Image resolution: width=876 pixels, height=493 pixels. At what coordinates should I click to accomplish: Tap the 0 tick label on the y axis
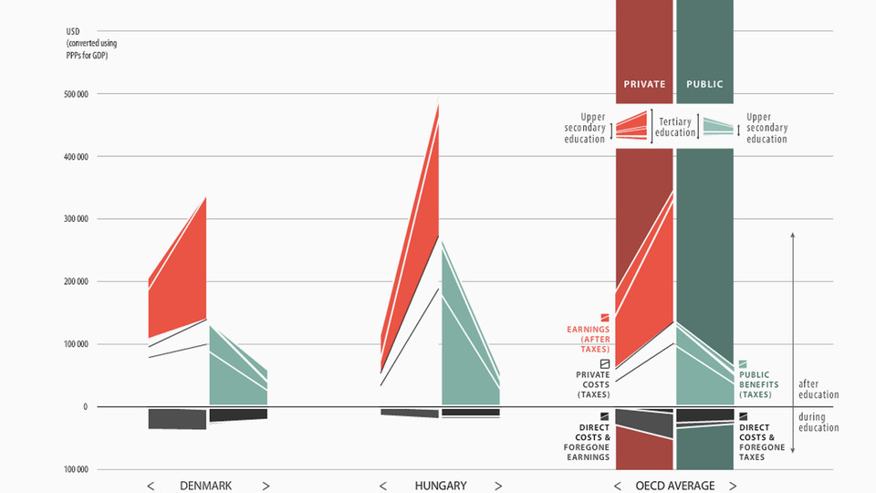click(x=84, y=407)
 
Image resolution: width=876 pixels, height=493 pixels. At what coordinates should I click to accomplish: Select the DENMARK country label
click(x=206, y=486)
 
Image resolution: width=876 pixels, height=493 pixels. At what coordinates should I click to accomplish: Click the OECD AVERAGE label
click(x=675, y=486)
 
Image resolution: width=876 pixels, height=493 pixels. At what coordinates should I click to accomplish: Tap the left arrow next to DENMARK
click(x=151, y=486)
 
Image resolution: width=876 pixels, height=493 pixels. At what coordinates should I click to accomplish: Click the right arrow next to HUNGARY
click(x=498, y=486)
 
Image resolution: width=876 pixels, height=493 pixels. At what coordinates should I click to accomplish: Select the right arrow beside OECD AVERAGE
click(x=733, y=486)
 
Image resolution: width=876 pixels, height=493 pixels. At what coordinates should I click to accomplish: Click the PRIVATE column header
click(x=644, y=85)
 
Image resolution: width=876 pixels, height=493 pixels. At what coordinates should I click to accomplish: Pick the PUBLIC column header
click(x=704, y=85)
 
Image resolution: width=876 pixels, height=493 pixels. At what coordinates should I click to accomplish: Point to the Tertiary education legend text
click(x=675, y=127)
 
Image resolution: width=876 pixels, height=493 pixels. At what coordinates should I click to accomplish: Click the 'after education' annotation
click(x=819, y=389)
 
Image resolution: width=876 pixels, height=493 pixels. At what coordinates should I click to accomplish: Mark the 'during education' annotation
click(x=819, y=423)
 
